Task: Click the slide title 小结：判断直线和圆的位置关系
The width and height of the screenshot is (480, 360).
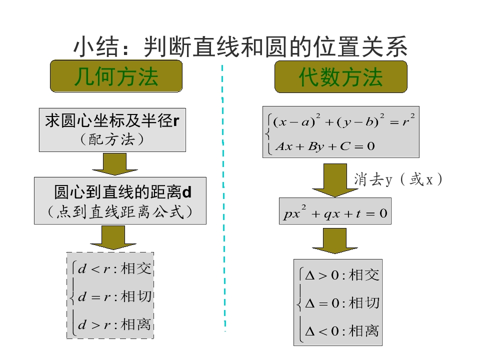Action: [240, 47]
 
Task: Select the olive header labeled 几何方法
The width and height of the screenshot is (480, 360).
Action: [116, 77]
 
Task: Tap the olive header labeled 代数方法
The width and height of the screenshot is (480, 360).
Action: [340, 77]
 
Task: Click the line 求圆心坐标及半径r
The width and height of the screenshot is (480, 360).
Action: [112, 120]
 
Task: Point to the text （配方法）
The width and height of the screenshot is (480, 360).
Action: [112, 139]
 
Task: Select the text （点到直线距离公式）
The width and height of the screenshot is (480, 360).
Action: [120, 212]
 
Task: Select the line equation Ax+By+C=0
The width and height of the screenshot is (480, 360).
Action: [325, 146]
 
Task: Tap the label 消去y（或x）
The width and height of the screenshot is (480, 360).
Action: [398, 179]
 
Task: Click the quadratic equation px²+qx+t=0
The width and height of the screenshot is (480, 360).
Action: [335, 214]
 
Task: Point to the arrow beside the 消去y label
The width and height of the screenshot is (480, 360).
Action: [328, 180]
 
